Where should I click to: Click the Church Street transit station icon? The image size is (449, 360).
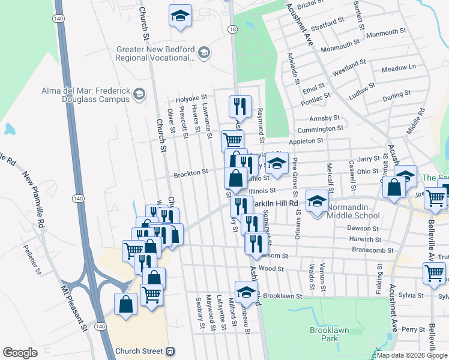pos(171,351)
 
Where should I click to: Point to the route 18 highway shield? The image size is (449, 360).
pos(232,29)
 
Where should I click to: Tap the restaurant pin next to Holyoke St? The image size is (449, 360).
pos(240,107)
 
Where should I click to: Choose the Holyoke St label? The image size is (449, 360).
pos(190,97)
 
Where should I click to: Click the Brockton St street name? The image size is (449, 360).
pos(190,173)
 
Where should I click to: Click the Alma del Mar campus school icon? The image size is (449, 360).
pos(139,94)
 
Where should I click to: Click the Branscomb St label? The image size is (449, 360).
pos(372,250)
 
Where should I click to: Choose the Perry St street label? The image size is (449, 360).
pos(413,329)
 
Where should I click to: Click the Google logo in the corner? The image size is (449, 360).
pos(20,353)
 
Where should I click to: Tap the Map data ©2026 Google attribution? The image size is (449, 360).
pos(411,355)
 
